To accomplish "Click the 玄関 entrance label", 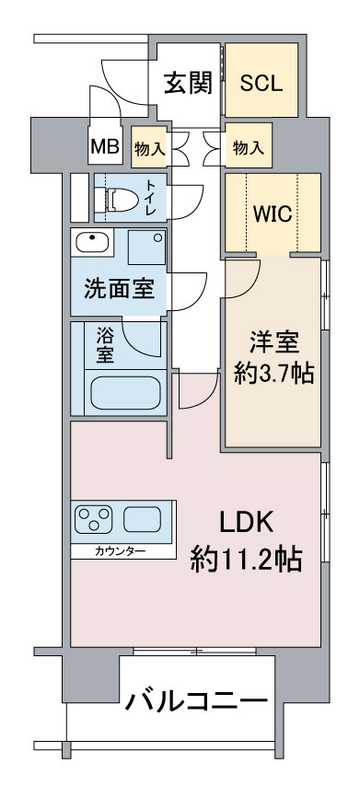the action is [189, 83].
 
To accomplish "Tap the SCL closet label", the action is [261, 83].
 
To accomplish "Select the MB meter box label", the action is [105, 146].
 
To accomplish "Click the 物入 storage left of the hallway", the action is [149, 148].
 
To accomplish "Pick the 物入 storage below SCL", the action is [249, 147].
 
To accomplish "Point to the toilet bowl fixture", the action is [121, 199].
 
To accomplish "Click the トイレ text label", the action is [151, 199].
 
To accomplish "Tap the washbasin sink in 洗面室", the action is [92, 243].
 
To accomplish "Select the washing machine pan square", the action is [145, 247].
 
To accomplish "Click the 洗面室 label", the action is [119, 291].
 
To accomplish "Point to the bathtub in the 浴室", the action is [125, 392].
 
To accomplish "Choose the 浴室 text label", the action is [105, 345].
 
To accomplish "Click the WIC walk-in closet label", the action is [273, 214].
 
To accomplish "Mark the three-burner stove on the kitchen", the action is [93, 519].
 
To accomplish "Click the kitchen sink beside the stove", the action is [143, 519].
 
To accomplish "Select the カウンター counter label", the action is [121, 552].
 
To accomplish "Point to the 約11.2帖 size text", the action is [246, 560].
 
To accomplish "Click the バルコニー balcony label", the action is [196, 700].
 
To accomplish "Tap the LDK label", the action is [246, 524].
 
